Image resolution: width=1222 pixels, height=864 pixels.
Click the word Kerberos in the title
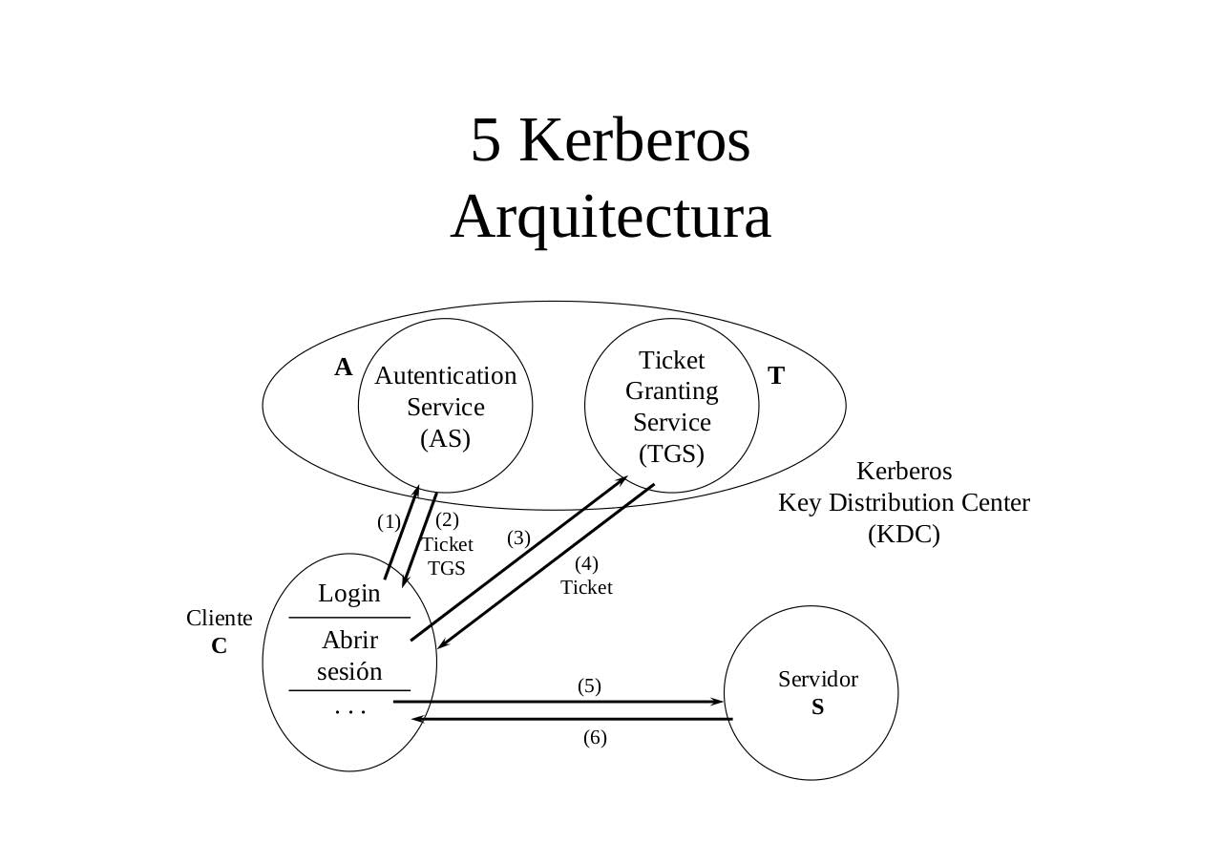coord(635,140)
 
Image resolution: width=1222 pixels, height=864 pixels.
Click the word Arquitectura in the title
coord(610,217)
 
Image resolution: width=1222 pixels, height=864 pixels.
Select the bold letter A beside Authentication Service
coord(344,368)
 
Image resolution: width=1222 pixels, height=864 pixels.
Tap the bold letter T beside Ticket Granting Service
coord(776,376)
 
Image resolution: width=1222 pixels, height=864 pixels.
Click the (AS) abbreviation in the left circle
coord(446,438)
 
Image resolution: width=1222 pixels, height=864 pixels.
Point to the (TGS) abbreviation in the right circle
coord(672,453)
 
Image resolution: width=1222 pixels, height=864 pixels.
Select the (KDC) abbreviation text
coord(903,535)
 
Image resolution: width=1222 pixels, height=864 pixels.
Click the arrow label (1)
coord(389,522)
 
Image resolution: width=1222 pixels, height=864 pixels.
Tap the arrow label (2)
coord(447,520)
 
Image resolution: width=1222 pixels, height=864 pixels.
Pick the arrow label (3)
coord(518,538)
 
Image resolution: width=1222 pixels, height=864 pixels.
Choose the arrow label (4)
coord(586,563)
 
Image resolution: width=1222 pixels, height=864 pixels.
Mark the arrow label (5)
coord(589,686)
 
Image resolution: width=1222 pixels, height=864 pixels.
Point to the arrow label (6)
coord(595,738)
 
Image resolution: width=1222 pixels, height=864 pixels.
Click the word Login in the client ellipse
coord(349,594)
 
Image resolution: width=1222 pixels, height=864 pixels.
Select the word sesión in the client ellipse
coord(349,672)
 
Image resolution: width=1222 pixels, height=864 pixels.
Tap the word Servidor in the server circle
coord(818,680)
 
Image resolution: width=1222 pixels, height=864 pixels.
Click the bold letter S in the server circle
coord(818,707)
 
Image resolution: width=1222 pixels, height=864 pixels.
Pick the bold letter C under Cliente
coord(220,646)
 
